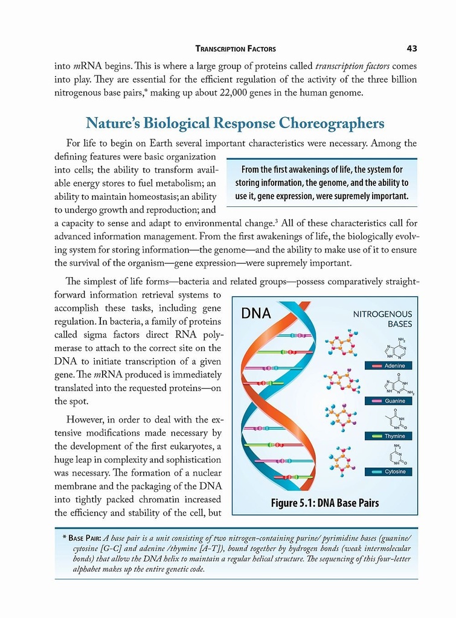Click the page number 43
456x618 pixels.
point(412,48)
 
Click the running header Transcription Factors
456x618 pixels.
point(236,49)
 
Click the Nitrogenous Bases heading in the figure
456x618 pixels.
point(382,319)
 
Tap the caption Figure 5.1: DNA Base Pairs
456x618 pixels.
point(325,503)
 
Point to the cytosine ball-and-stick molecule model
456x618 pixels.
point(342,461)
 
